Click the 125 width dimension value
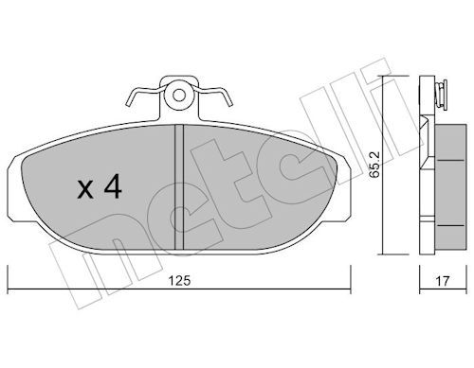click(179, 280)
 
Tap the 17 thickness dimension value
click(442, 281)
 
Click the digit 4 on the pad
click(113, 186)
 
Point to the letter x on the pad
click(85, 190)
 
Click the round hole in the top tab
click(179, 96)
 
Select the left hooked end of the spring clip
click(130, 98)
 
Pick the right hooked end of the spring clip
click(228, 98)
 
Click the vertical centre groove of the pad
click(179, 186)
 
